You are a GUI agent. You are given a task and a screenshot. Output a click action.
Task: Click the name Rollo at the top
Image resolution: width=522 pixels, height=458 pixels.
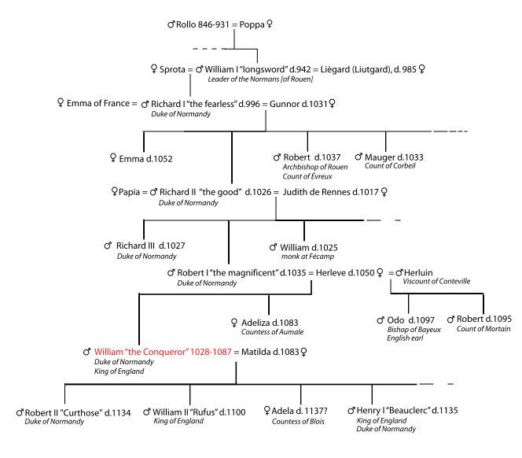[x=186, y=25]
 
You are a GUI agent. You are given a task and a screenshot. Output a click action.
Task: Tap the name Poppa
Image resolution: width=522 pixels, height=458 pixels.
[x=252, y=25]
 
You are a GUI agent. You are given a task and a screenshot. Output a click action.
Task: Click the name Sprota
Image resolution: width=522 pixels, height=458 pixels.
[x=172, y=69]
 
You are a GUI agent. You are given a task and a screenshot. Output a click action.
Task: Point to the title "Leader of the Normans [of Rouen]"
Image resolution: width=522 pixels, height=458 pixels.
[x=260, y=79]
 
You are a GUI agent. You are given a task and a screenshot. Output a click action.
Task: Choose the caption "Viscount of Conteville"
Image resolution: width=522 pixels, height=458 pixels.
[x=436, y=281]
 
